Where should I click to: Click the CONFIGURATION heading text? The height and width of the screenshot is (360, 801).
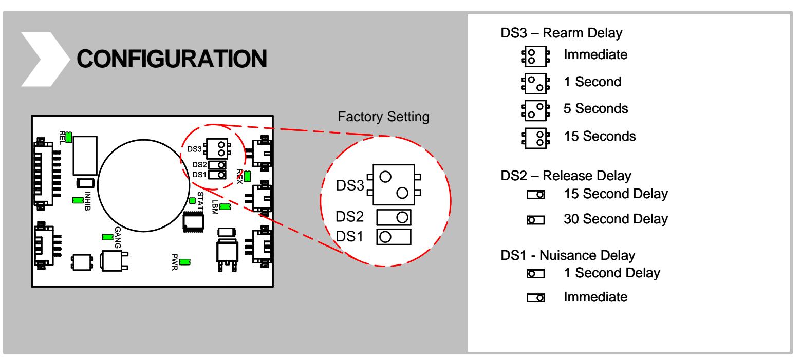click(x=172, y=59)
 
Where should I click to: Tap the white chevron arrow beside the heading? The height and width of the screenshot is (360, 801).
click(x=46, y=60)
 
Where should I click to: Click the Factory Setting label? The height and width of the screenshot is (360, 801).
click(x=383, y=117)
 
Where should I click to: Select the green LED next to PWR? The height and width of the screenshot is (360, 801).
click(x=184, y=262)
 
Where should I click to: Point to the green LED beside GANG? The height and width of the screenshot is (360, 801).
click(x=107, y=237)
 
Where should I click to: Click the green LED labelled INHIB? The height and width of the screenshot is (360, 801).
click(x=78, y=200)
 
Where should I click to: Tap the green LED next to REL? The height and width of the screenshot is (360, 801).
click(x=69, y=137)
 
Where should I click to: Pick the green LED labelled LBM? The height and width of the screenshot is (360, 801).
click(x=225, y=206)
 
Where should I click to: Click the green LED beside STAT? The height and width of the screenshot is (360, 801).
click(x=192, y=201)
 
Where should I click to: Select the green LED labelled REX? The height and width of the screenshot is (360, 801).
click(x=247, y=176)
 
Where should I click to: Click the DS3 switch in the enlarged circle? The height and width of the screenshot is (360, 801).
click(x=394, y=185)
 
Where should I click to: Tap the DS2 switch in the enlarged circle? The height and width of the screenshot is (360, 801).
click(x=394, y=217)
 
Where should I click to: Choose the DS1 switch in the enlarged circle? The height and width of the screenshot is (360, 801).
click(x=394, y=237)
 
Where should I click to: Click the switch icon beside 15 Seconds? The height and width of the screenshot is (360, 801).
click(x=535, y=138)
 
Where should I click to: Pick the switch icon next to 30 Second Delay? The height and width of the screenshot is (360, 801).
click(x=536, y=219)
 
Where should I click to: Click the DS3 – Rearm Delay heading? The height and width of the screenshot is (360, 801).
click(x=562, y=33)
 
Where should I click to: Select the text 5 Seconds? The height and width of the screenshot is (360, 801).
click(x=596, y=108)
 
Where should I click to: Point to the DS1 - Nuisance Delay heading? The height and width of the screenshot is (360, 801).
click(x=568, y=255)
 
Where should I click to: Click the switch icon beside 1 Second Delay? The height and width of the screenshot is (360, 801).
click(x=536, y=274)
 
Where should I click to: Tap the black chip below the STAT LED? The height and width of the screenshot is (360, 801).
click(x=193, y=222)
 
